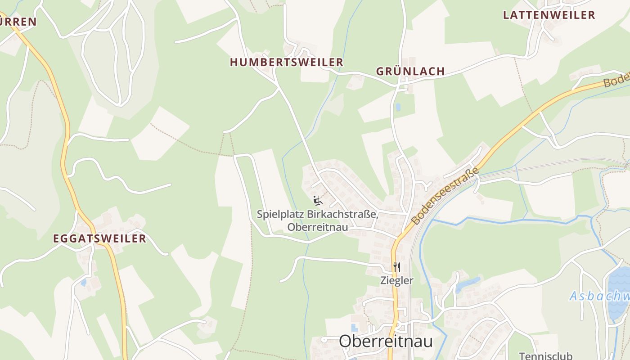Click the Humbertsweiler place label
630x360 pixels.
287,62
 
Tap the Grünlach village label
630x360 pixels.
410,71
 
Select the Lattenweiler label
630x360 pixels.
549,15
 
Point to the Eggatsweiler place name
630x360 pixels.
99,238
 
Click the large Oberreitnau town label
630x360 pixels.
386,341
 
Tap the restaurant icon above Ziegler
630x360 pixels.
396,267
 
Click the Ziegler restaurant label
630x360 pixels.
396,280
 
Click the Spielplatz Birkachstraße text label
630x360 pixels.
317,214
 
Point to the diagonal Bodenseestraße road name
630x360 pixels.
445,196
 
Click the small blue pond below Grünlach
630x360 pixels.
398,107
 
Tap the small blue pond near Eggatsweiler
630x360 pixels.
84,283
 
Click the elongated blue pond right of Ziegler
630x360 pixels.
468,284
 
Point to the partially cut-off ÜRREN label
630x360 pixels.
18,21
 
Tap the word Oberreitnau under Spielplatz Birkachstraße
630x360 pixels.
317,227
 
